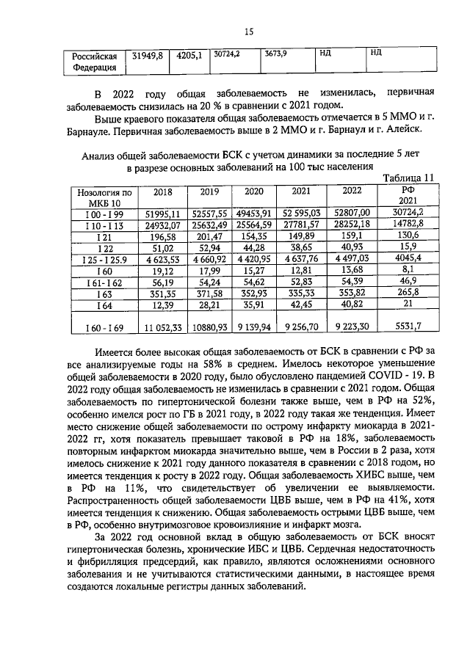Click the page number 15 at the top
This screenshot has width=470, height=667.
coord(248,30)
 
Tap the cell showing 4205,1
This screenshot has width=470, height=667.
coord(189,55)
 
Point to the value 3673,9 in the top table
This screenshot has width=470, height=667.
coord(274,54)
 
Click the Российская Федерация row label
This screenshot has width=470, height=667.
coord(94,61)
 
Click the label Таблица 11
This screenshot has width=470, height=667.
coord(410,177)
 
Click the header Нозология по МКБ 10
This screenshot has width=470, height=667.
coord(104,196)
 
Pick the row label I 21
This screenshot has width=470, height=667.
coord(104,238)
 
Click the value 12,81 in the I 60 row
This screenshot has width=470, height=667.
coord(301,271)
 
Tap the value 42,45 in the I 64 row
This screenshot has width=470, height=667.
coord(301,306)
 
